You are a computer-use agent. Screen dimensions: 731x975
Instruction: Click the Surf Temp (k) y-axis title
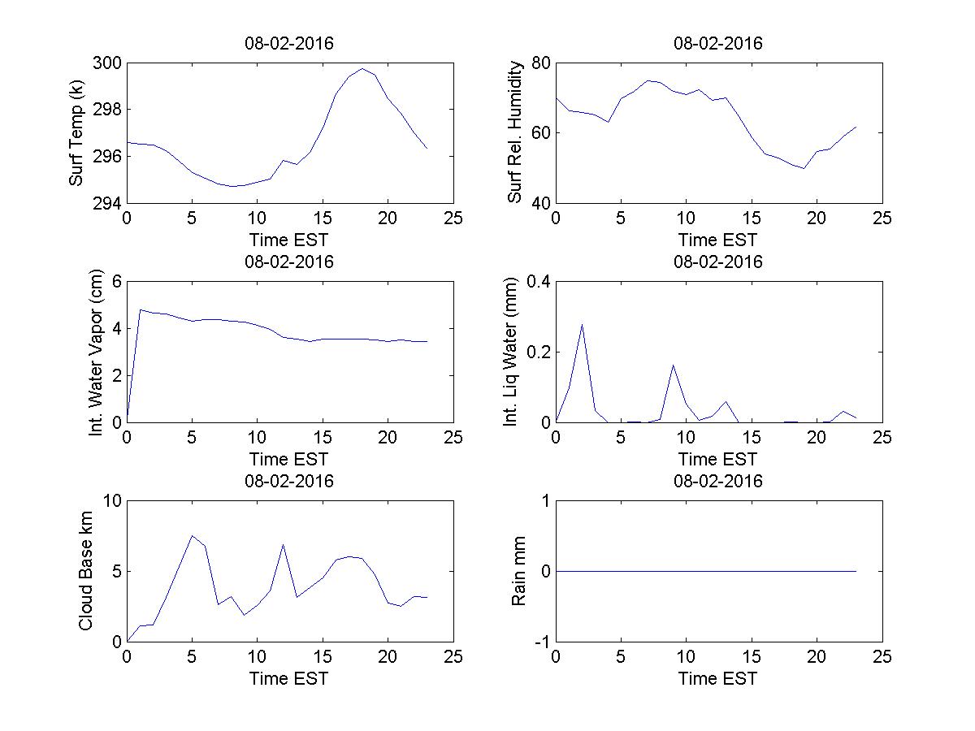click(76, 132)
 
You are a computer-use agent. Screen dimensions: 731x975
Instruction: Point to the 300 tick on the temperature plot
click(108, 63)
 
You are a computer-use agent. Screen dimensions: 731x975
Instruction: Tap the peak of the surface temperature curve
click(362, 68)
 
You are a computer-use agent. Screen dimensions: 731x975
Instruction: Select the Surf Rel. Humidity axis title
click(514, 132)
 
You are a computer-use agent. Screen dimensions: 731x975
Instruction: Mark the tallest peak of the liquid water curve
click(582, 324)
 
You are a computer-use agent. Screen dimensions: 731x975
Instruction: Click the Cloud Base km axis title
click(85, 571)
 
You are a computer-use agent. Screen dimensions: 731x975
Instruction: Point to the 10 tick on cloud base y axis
click(111, 501)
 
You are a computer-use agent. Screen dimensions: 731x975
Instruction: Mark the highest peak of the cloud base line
click(192, 535)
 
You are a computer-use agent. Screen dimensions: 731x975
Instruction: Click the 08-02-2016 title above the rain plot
click(718, 481)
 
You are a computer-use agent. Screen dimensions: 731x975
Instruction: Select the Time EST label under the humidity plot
click(718, 240)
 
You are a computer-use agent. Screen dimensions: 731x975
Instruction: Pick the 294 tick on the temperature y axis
click(108, 202)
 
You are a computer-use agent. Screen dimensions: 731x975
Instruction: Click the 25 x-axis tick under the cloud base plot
click(453, 657)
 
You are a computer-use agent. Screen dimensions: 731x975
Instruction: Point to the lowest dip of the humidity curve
click(804, 168)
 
